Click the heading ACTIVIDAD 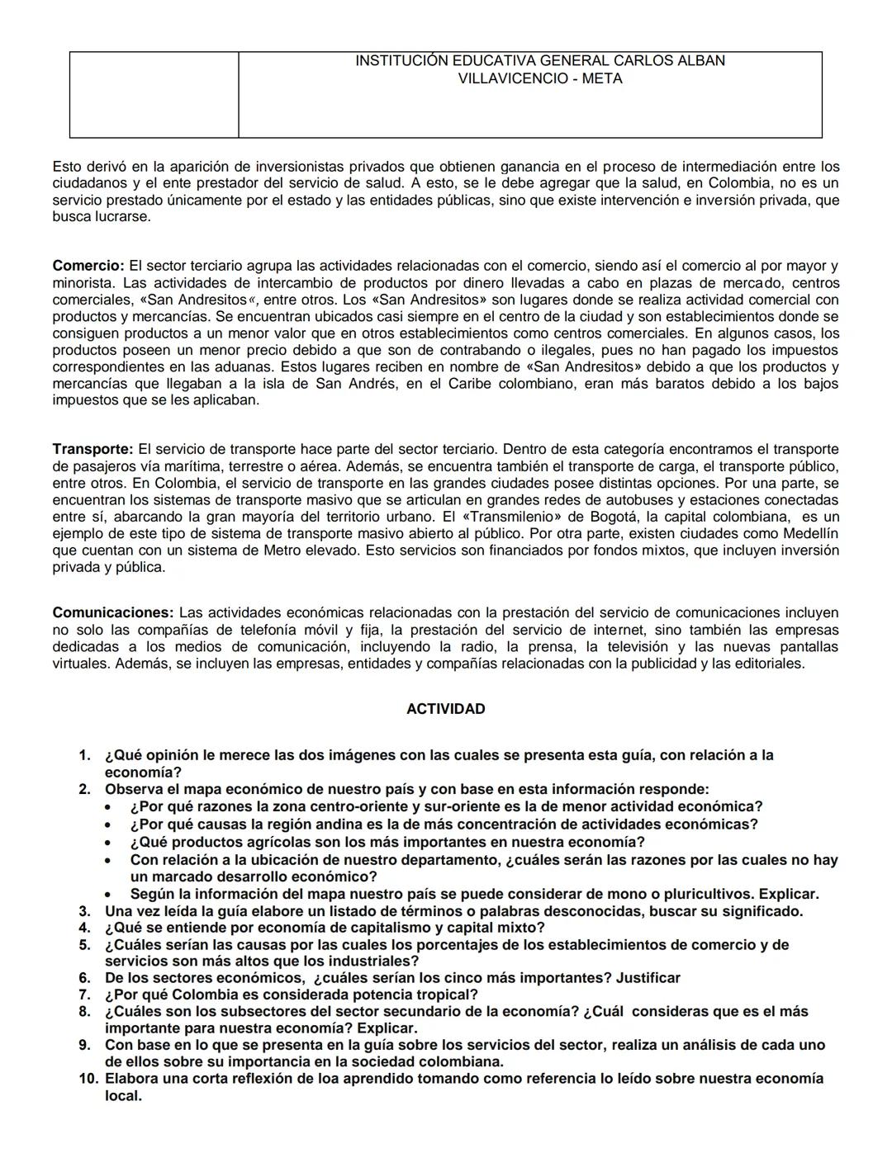[445, 709]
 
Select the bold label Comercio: [88, 266]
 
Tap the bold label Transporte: [93, 449]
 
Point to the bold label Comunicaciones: [113, 612]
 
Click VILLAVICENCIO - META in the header [540, 79]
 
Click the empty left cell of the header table [154, 94]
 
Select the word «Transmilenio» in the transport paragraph [510, 517]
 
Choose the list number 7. [84, 995]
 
